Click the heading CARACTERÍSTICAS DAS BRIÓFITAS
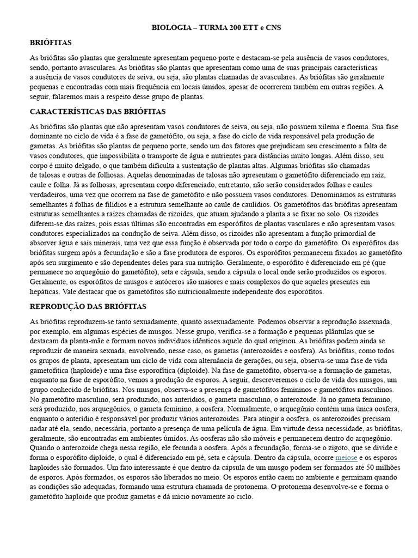coord(97,111)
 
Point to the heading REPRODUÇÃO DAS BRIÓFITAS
coord(88,306)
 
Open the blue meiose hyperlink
coord(346,459)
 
